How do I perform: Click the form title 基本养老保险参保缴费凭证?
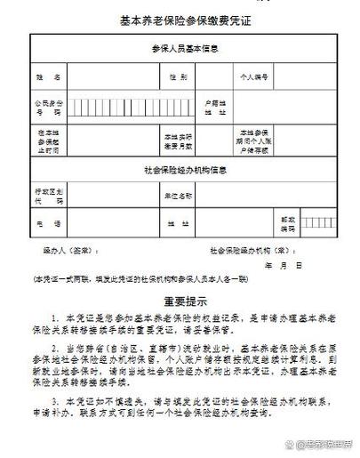coord(180,21)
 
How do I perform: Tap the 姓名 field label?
coord(50,77)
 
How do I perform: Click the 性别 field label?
coord(178,77)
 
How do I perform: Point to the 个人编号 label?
coord(256,77)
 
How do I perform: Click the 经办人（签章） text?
coord(66,251)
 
